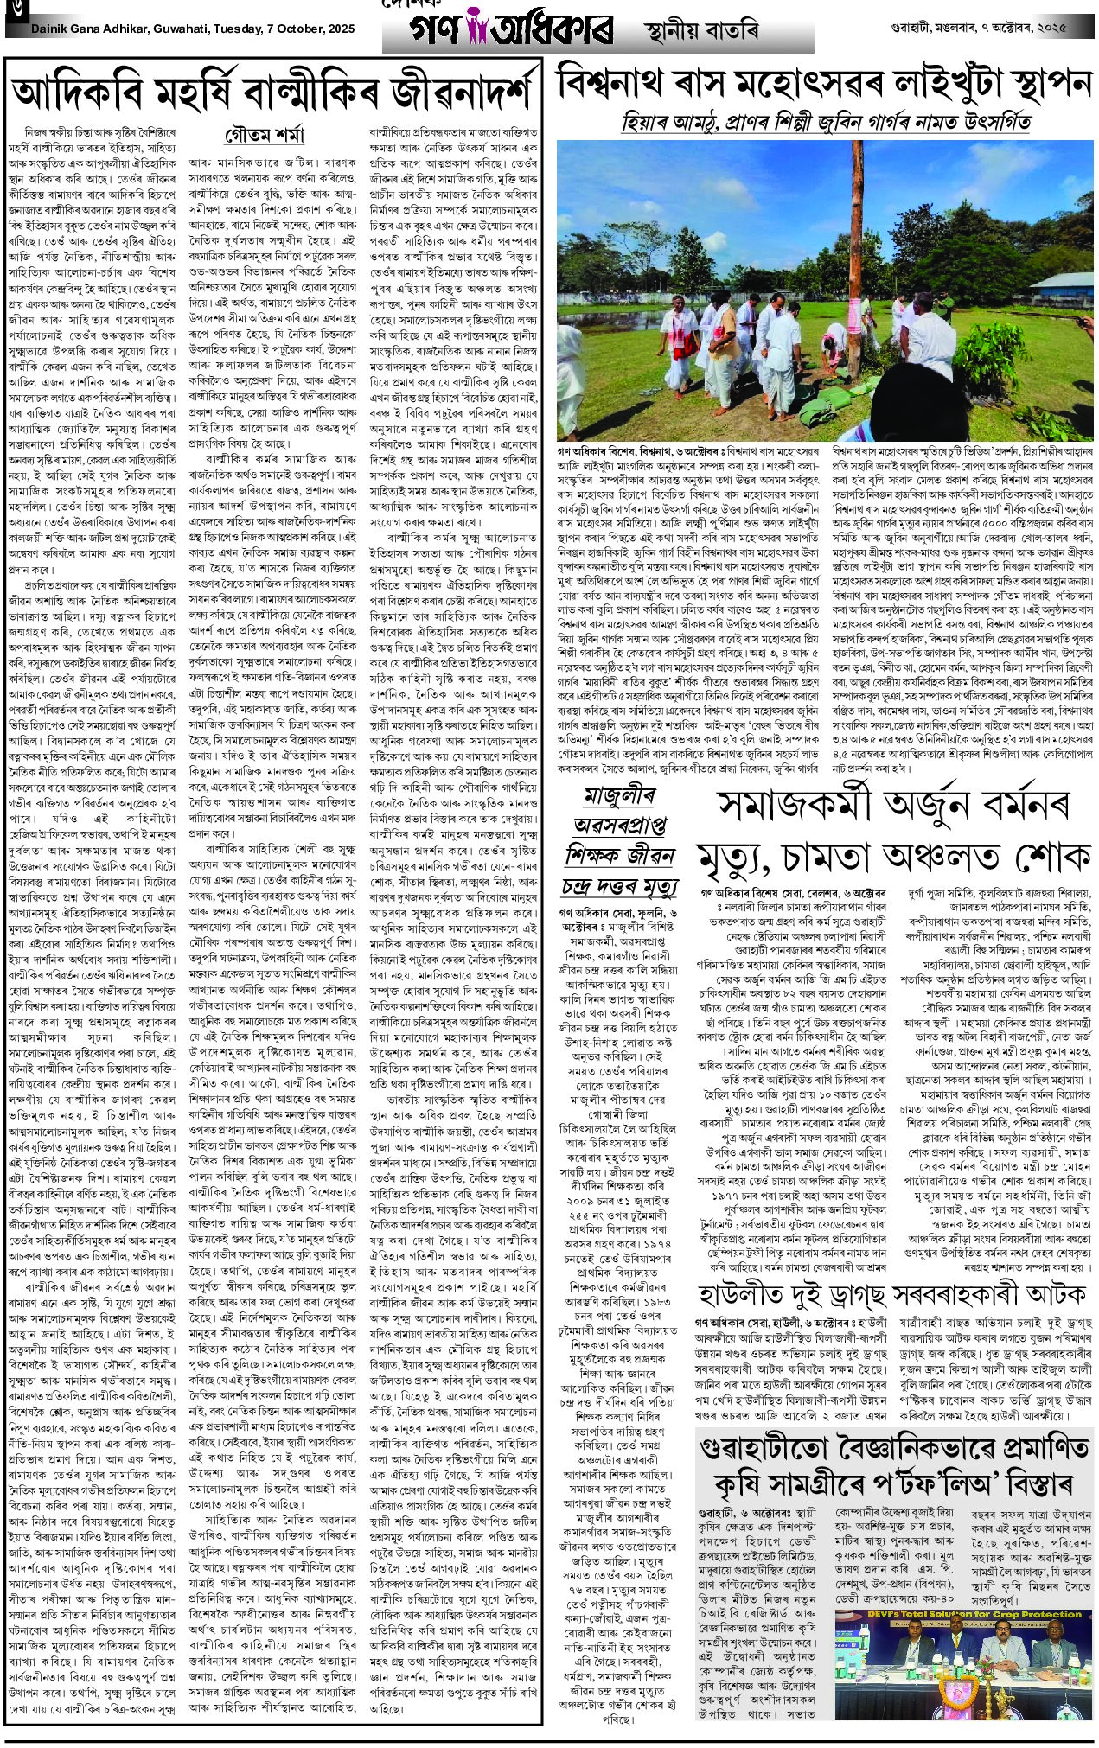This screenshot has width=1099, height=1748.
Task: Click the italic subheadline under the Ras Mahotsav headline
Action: tap(826, 122)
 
